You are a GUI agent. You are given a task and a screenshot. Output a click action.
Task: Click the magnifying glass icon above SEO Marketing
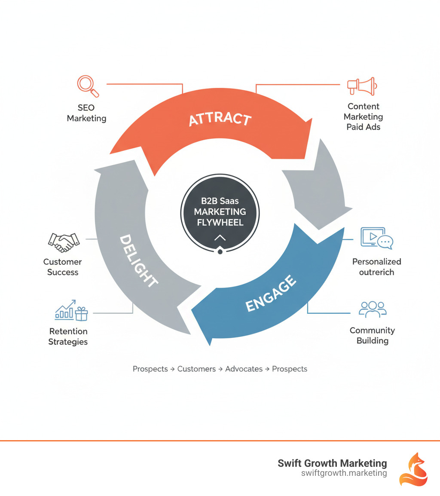(x=88, y=86)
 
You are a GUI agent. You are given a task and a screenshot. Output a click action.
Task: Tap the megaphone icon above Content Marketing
(x=362, y=86)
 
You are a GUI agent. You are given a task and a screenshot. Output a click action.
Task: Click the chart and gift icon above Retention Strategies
(x=71, y=310)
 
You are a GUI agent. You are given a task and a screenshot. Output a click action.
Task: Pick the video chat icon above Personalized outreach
(x=376, y=239)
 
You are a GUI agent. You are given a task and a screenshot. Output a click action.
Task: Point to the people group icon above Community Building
(x=372, y=309)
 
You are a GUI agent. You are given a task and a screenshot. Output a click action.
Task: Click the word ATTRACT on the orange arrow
(x=220, y=119)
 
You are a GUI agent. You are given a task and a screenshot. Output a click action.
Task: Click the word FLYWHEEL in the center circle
(x=220, y=223)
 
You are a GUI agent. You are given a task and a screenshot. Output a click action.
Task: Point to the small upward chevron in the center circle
(x=220, y=237)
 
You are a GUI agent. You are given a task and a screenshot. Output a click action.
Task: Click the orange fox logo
(x=413, y=469)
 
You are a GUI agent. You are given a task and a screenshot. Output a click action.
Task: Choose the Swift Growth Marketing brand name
(x=332, y=463)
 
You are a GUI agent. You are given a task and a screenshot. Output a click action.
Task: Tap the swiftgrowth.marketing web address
(x=344, y=473)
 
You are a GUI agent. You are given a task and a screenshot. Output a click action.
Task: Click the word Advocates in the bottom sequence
(x=244, y=369)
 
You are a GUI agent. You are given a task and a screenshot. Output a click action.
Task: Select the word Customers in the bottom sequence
(x=196, y=369)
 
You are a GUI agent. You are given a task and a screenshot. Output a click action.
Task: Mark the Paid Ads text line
(x=363, y=127)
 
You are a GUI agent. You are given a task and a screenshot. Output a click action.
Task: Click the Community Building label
(x=372, y=336)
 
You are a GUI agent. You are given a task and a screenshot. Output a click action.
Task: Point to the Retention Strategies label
(x=68, y=337)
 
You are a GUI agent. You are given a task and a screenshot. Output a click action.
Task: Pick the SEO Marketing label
(x=86, y=113)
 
